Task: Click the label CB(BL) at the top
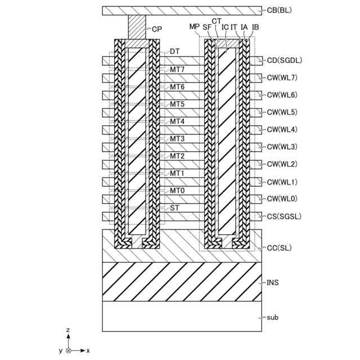(x=280, y=10)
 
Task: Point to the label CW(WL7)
(x=282, y=78)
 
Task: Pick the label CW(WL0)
(x=282, y=199)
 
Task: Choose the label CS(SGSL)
(x=281, y=216)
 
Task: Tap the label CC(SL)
(x=278, y=247)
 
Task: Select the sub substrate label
(x=273, y=317)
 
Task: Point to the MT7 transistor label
(x=177, y=69)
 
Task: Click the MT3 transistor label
(x=177, y=138)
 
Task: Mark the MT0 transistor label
(x=177, y=191)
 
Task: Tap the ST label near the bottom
(x=175, y=208)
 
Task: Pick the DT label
(x=175, y=51)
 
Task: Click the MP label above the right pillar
(x=194, y=26)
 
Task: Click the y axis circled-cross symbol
(x=68, y=350)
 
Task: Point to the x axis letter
(x=88, y=350)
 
